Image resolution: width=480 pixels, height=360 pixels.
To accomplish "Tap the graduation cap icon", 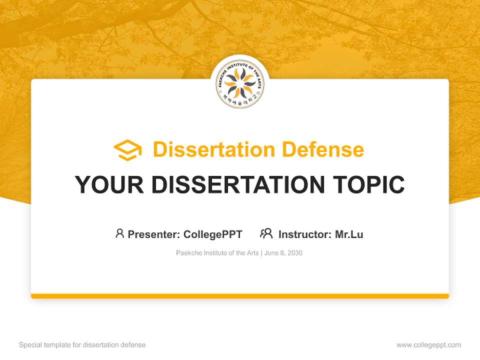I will (127, 149).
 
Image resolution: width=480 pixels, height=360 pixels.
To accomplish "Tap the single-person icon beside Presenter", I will (119, 233).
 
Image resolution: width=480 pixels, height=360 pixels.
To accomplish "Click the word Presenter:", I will (153, 234).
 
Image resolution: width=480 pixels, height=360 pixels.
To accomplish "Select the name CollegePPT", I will (213, 234).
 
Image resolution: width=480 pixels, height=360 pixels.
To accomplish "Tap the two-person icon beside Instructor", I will (266, 233).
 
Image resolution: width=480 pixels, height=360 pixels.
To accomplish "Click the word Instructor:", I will (305, 234).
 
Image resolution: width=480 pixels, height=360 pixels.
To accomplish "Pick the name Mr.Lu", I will (349, 234).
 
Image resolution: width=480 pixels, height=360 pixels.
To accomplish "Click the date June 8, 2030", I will (283, 253).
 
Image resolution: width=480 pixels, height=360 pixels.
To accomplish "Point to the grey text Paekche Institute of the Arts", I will (217, 253).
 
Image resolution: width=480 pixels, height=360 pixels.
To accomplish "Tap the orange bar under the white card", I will (240, 296).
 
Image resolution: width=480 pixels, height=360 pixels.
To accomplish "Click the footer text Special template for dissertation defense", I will (82, 345).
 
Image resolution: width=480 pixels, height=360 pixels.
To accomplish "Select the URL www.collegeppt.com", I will (428, 345).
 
